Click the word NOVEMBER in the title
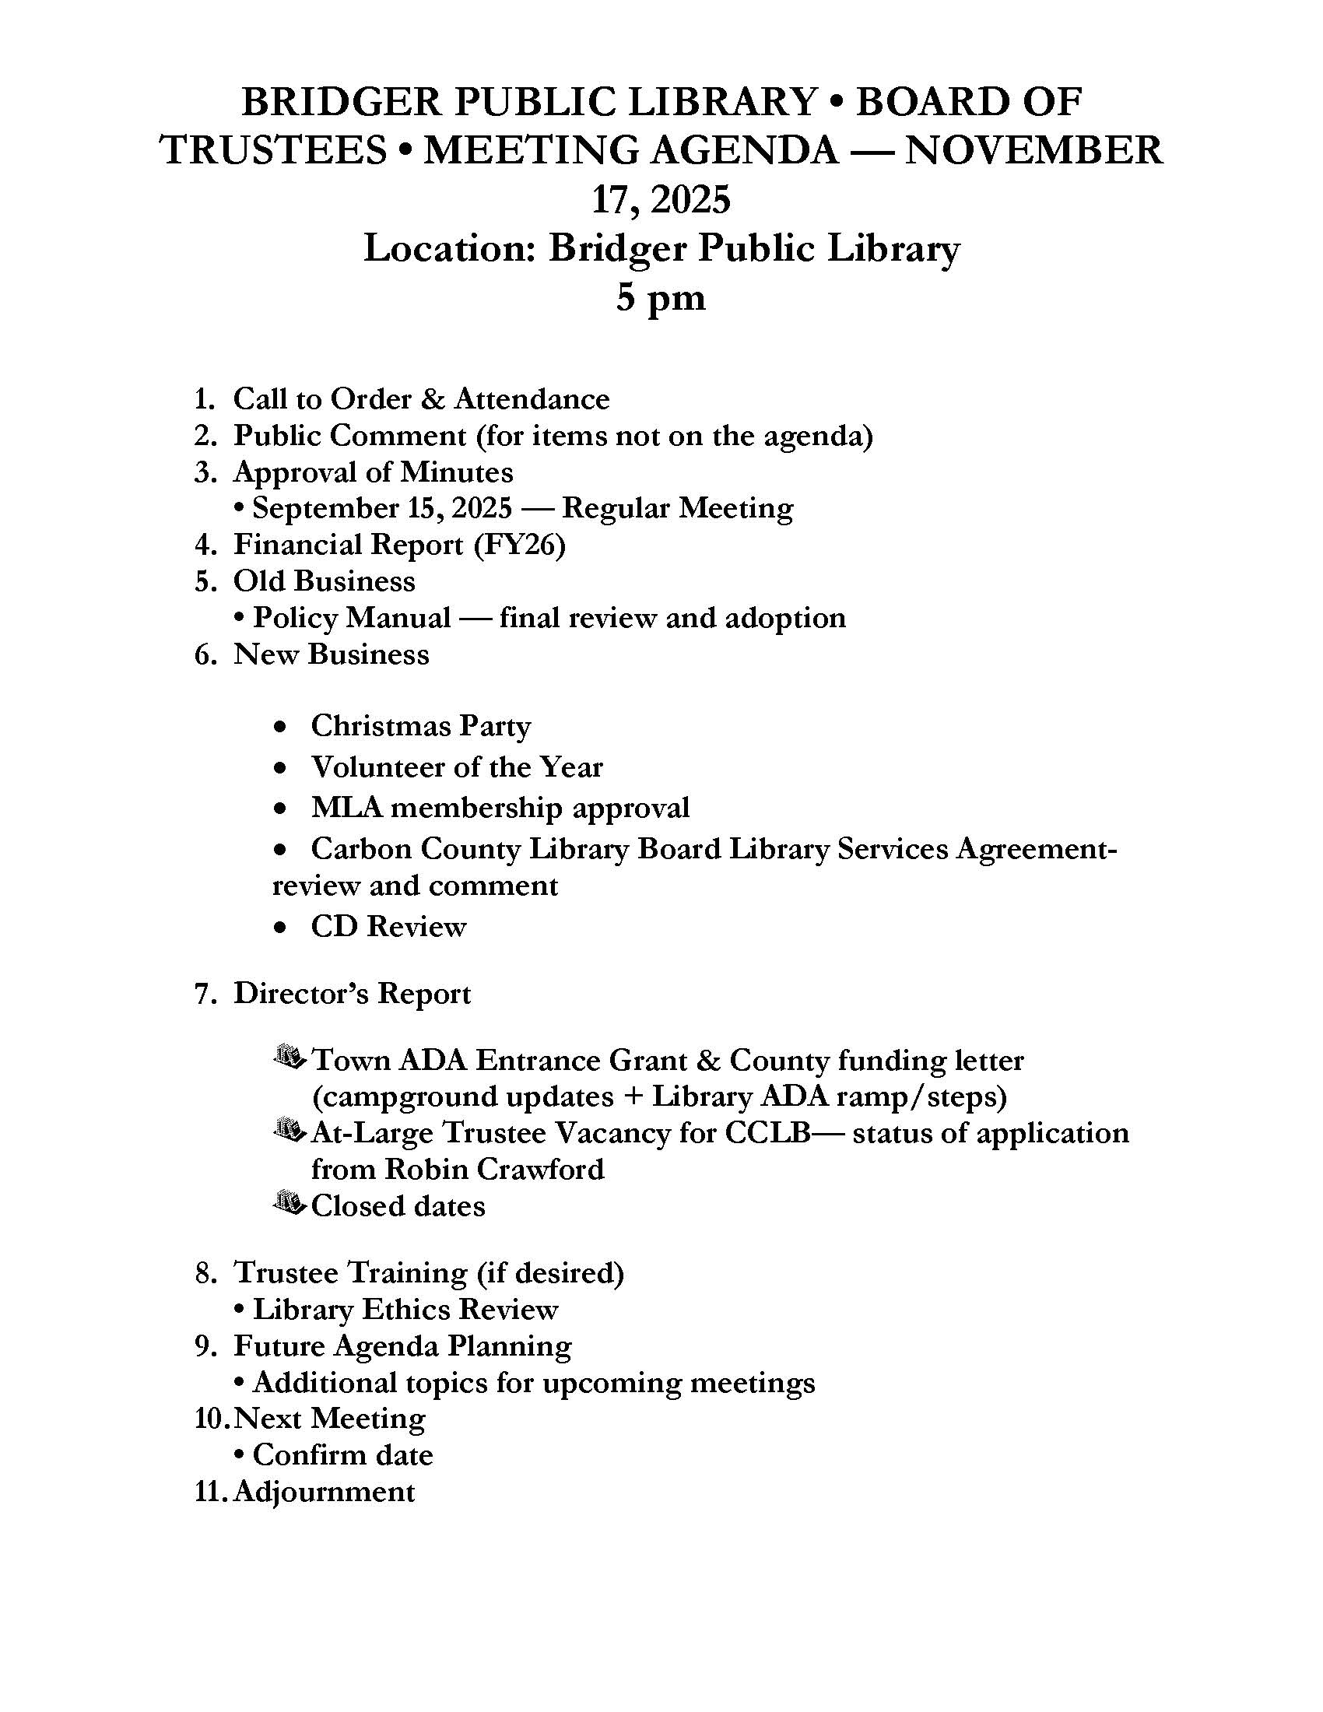click(1033, 150)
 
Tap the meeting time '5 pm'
click(661, 298)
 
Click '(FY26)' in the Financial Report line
click(520, 545)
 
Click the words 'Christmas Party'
click(421, 726)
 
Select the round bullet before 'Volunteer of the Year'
click(280, 768)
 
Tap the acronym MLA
click(346, 808)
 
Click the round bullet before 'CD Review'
click(280, 928)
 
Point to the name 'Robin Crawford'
click(494, 1170)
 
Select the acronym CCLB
click(773, 1134)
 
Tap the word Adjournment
click(324, 1491)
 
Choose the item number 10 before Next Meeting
click(210, 1419)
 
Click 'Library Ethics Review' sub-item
click(405, 1310)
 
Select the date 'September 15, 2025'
click(382, 509)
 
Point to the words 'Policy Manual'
click(352, 619)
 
